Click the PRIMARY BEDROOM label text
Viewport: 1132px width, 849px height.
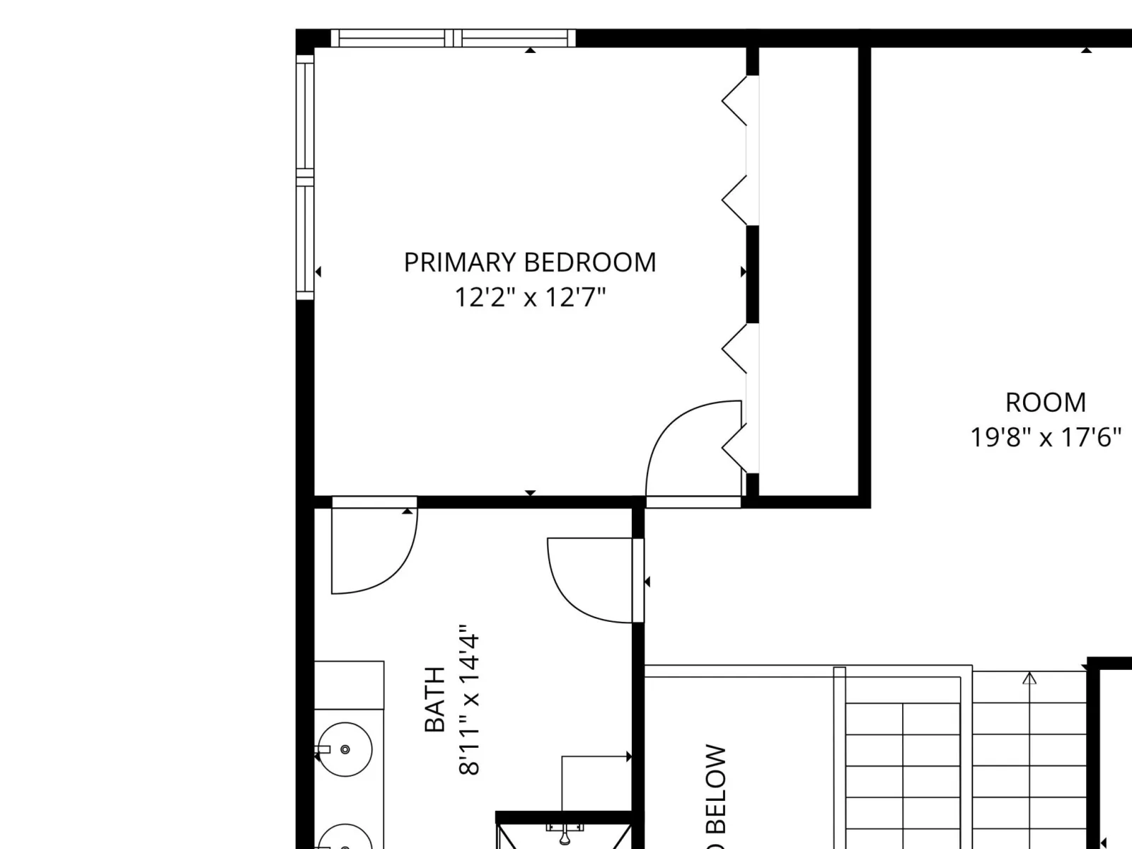click(x=530, y=262)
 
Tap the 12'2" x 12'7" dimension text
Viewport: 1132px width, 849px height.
click(x=530, y=297)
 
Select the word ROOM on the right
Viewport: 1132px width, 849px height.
click(x=1046, y=403)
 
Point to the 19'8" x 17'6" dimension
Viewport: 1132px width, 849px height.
click(x=1046, y=438)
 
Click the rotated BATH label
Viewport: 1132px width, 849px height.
click(x=434, y=699)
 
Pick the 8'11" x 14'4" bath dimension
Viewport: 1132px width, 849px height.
click(x=469, y=700)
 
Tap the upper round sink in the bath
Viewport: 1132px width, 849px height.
click(x=345, y=749)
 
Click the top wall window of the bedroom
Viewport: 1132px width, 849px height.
click(x=453, y=38)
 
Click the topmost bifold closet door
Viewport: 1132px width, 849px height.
click(x=734, y=100)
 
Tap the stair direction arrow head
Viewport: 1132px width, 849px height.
click(x=1029, y=678)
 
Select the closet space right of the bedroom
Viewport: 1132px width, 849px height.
click(x=808, y=272)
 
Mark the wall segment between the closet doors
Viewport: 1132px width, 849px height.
click(x=753, y=275)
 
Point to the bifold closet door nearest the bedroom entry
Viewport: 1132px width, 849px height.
click(x=734, y=448)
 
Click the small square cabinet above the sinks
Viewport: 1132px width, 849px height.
click(x=349, y=685)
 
